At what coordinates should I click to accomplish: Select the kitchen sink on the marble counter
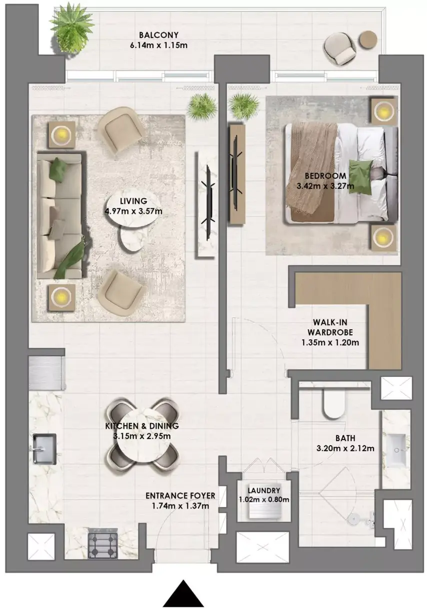[44, 449]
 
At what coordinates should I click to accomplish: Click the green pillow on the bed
[360, 177]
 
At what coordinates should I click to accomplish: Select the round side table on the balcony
[367, 39]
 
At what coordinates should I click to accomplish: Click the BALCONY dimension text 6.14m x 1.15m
[158, 45]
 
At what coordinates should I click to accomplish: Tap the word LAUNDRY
[263, 491]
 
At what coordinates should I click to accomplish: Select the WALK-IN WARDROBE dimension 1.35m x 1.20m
[329, 342]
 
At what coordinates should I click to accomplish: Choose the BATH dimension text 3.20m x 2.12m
[345, 448]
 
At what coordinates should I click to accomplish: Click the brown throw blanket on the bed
[311, 168]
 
